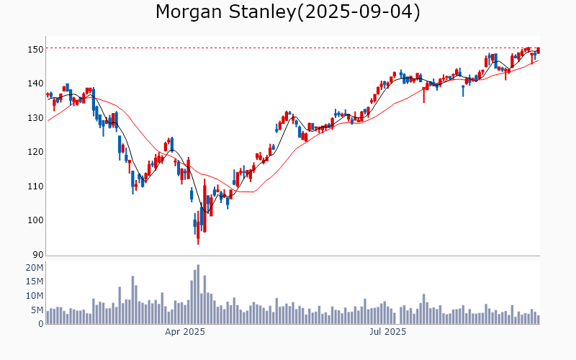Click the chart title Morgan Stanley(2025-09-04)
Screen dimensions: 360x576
click(288, 12)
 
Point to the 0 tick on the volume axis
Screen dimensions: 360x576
click(41, 324)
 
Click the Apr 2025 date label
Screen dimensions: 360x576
click(185, 332)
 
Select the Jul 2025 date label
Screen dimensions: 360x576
click(387, 332)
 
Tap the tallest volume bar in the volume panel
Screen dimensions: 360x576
click(198, 294)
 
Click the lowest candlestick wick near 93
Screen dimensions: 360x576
click(198, 242)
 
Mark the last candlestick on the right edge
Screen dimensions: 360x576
click(539, 50)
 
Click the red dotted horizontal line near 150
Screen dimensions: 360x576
click(288, 48)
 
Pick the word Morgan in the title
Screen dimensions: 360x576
click(189, 12)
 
